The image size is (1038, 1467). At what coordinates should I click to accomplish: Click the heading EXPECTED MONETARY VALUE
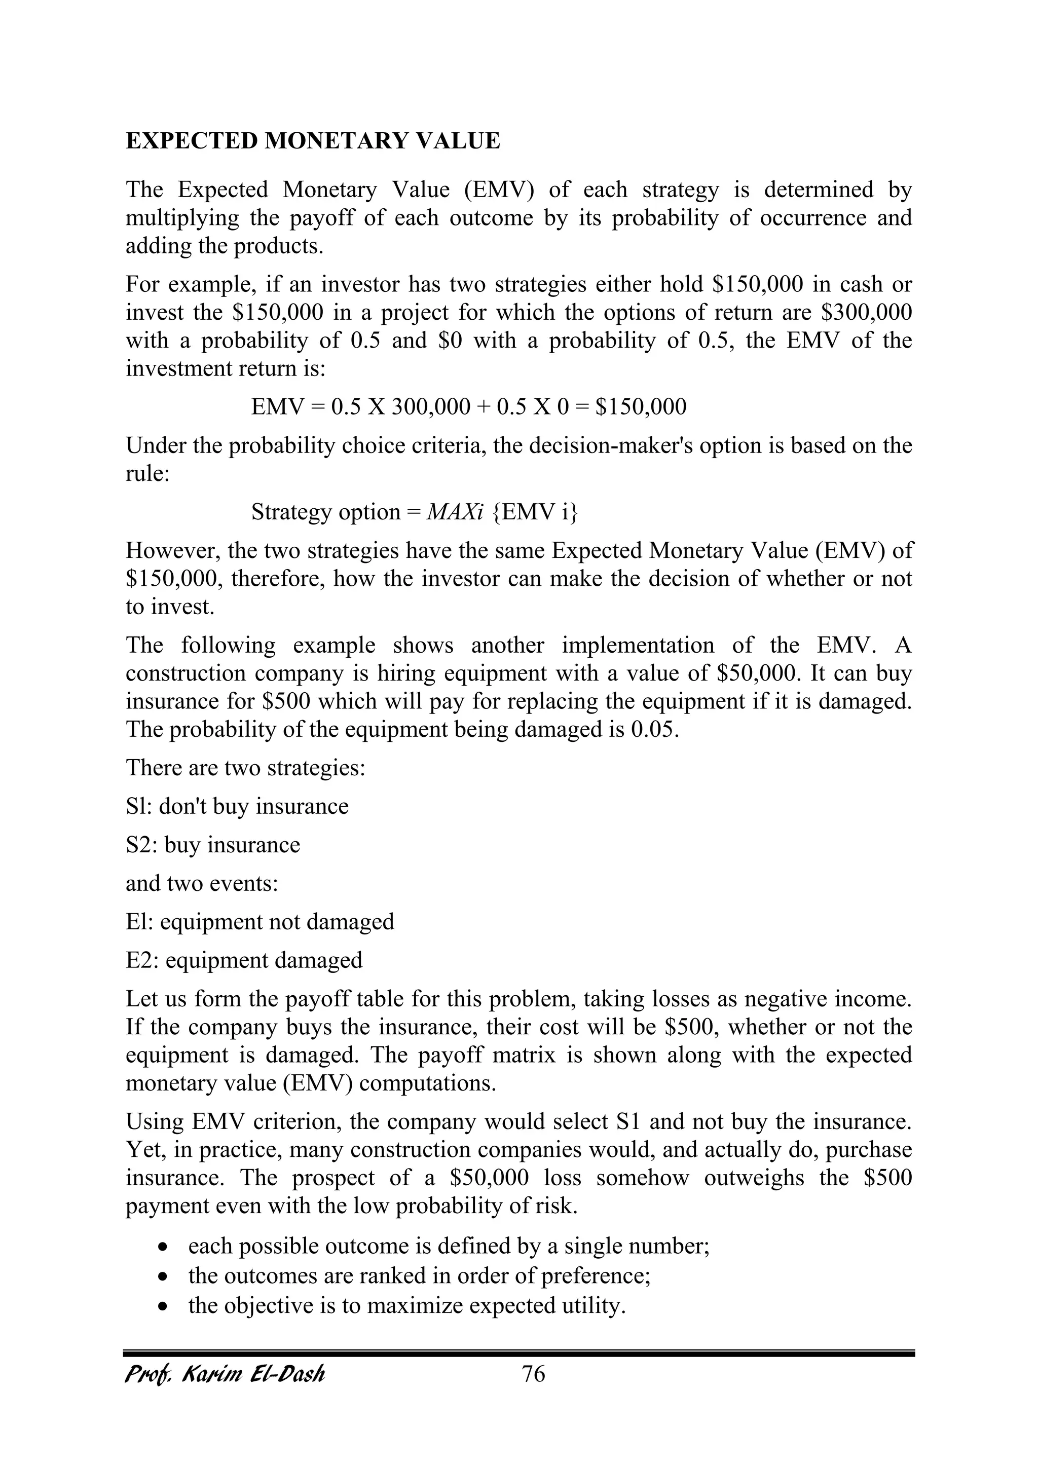pyautogui.click(x=313, y=140)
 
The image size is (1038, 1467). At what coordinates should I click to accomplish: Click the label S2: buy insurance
pyautogui.click(x=212, y=845)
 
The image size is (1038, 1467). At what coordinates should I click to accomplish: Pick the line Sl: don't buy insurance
pyautogui.click(x=237, y=806)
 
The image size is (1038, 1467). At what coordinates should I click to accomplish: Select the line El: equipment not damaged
pyautogui.click(x=259, y=921)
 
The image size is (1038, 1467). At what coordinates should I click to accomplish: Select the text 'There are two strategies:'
pyautogui.click(x=245, y=767)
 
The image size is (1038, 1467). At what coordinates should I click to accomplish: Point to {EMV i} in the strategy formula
pyautogui.click(x=535, y=512)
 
